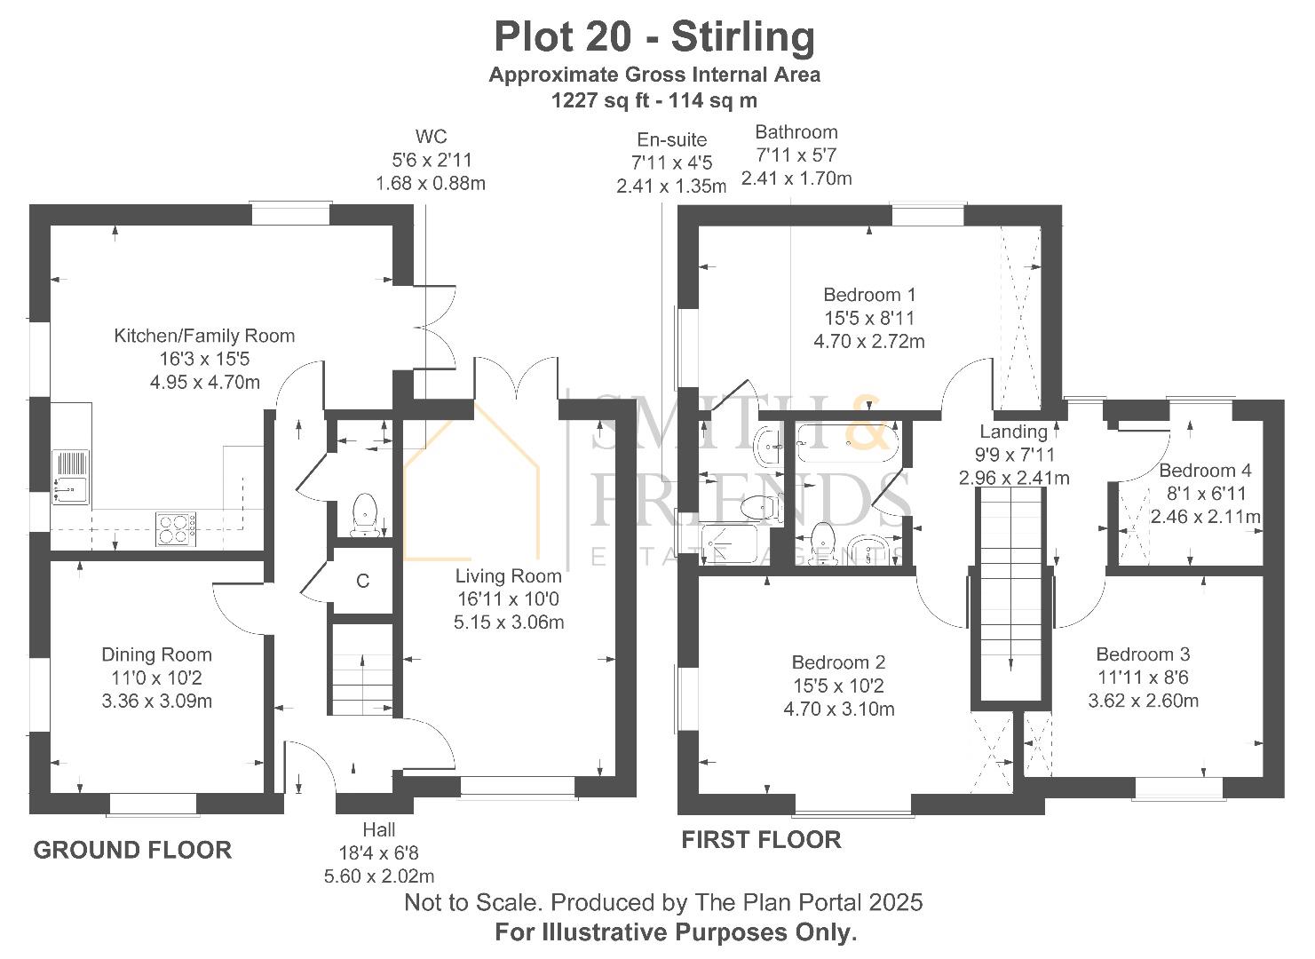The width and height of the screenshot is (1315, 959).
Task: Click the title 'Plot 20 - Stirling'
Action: (654, 37)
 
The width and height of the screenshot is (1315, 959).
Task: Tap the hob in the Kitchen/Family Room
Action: (176, 529)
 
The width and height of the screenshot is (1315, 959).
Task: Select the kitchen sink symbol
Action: (71, 476)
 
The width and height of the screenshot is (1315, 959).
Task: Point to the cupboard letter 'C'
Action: (362, 582)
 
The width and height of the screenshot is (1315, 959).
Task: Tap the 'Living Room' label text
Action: (508, 575)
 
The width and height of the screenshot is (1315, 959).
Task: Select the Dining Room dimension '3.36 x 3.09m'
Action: (156, 701)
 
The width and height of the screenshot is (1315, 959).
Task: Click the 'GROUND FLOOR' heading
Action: (132, 850)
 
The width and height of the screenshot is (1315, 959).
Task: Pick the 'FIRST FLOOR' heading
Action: (761, 840)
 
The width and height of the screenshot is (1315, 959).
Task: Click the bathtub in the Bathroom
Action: (847, 442)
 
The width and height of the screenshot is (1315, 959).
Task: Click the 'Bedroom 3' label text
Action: (1143, 654)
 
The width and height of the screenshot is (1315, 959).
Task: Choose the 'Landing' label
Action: (1013, 432)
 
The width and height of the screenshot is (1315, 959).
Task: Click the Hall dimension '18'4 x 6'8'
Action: (378, 853)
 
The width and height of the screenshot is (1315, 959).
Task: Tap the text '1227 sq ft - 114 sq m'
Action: (654, 100)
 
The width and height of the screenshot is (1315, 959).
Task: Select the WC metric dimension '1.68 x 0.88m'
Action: (431, 184)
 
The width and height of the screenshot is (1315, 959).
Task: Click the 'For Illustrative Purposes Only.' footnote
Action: (675, 933)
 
